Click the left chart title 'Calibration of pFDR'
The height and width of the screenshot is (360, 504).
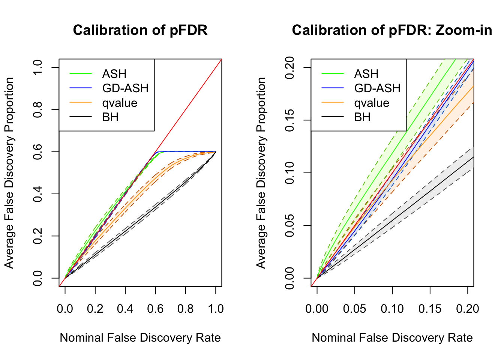click(140, 30)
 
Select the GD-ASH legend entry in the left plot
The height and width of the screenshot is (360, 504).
click(125, 88)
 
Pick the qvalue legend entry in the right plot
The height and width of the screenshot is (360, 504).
click(372, 103)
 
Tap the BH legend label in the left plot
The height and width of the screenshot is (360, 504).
click(110, 117)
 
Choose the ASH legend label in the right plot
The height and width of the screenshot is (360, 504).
click(366, 74)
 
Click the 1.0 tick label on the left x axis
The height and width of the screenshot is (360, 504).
click(215, 309)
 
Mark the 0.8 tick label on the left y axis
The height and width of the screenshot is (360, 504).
click(37, 109)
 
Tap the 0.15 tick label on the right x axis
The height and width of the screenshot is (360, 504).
click(430, 309)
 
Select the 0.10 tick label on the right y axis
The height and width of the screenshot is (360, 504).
click(289, 173)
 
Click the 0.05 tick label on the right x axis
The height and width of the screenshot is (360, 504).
click(354, 309)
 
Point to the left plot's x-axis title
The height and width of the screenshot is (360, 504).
click(140, 337)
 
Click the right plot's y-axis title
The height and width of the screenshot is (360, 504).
click(261, 173)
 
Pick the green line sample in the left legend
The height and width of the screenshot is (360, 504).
click(81, 74)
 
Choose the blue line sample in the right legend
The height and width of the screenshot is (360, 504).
click(333, 88)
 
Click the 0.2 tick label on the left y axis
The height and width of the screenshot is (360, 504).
click(37, 236)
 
